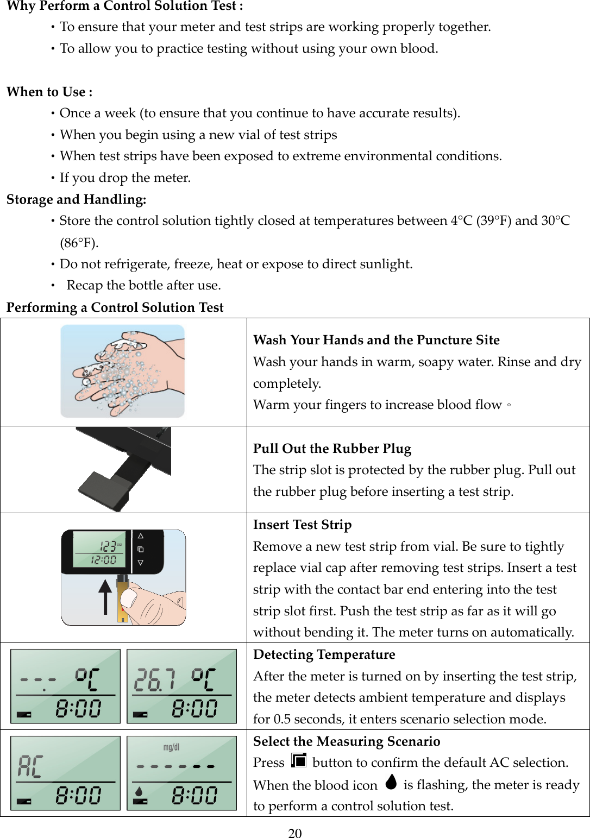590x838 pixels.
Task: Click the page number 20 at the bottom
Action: click(294, 833)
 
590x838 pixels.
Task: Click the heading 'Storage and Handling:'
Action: click(77, 199)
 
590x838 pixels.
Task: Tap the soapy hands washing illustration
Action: click(123, 371)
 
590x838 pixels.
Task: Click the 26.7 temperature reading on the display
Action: click(154, 680)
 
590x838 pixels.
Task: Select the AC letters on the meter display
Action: click(30, 766)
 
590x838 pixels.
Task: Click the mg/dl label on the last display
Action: click(171, 747)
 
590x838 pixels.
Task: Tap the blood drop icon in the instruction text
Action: click(391, 782)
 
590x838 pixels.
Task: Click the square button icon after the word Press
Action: click(298, 760)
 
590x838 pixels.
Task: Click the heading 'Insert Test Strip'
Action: click(302, 525)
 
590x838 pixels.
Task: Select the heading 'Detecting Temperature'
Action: click(324, 654)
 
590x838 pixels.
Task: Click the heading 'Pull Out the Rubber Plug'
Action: click(332, 449)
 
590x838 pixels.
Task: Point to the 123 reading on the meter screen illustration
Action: click(108, 546)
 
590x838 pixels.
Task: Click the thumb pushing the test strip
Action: click(130, 598)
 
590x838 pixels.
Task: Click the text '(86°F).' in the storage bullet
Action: click(79, 242)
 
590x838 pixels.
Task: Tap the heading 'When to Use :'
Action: click(49, 92)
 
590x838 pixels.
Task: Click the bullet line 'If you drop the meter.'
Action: click(125, 178)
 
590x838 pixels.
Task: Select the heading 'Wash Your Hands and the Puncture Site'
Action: click(376, 340)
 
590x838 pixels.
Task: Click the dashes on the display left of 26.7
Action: click(38, 679)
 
